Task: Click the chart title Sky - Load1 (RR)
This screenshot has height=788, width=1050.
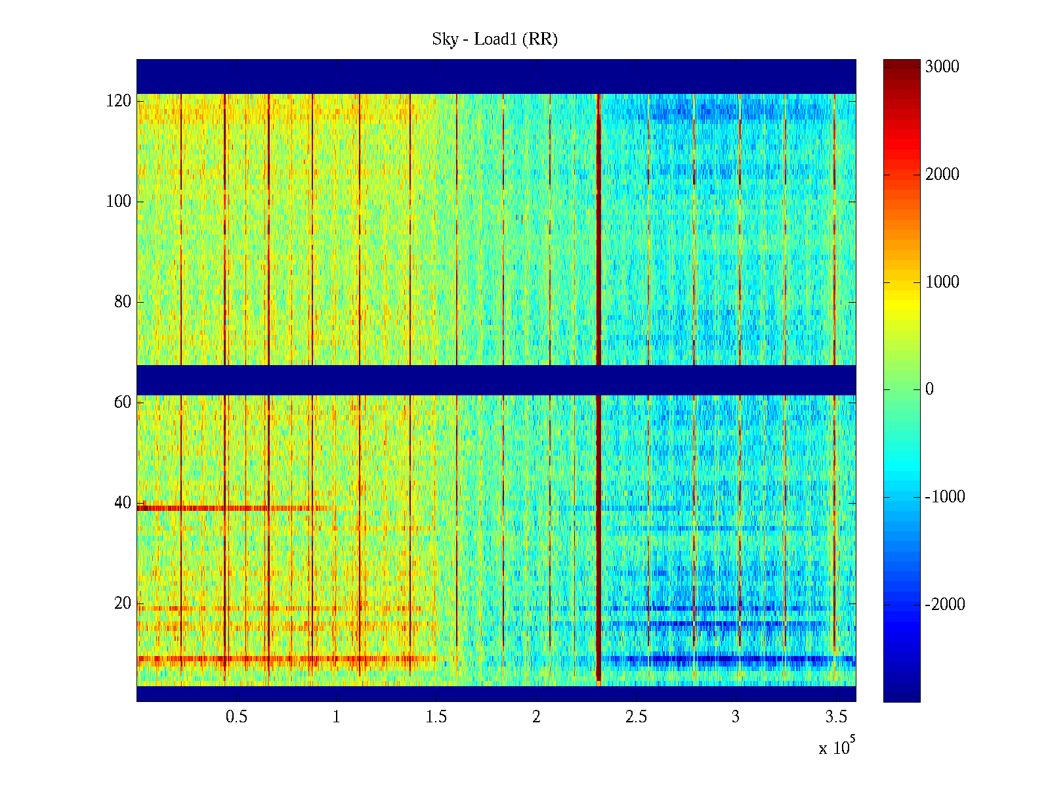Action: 495,39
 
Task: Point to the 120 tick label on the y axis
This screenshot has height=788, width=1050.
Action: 119,101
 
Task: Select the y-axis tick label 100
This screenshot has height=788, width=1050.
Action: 119,202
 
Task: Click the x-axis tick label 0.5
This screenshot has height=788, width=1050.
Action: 236,717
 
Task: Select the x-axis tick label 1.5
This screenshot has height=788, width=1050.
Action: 436,717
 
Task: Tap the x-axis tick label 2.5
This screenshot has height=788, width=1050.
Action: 635,717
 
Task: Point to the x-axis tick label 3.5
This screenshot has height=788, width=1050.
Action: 835,717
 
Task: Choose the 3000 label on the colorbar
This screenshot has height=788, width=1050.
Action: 942,67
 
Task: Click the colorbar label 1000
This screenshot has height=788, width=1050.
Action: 942,282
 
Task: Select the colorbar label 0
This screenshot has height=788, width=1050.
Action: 929,389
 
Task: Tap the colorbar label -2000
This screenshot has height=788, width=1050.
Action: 944,605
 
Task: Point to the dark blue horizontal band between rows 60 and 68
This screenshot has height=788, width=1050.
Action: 496,380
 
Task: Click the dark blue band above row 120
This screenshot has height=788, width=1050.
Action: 496,76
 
